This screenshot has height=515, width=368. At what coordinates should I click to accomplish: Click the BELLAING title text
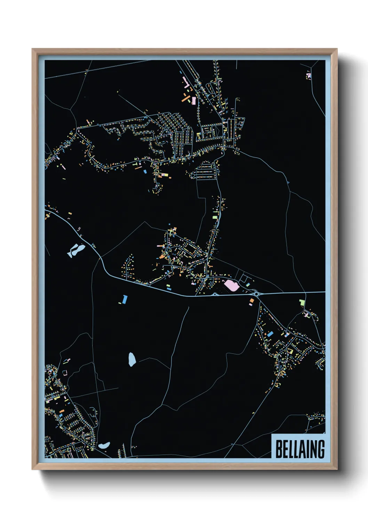[x=300, y=449]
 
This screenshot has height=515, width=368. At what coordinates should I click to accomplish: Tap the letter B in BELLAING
[x=279, y=449]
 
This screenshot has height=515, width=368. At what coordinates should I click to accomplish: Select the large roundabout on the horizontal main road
[x=257, y=294]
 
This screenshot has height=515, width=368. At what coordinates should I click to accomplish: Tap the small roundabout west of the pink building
[x=215, y=294]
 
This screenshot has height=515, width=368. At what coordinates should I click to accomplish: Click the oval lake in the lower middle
[x=132, y=359]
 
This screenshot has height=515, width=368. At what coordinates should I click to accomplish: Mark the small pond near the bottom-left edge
[x=104, y=445]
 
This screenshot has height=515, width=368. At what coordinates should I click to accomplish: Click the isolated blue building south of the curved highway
[x=125, y=299]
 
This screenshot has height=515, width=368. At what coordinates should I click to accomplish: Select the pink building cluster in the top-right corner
[x=308, y=75]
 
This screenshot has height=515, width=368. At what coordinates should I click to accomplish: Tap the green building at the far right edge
[x=302, y=302]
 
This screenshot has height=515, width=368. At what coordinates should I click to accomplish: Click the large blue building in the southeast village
[x=270, y=334]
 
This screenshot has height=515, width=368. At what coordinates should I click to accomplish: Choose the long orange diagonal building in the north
[x=185, y=97]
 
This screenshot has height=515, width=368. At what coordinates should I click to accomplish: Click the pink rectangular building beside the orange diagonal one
[x=194, y=101]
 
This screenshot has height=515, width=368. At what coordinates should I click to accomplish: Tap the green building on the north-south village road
[x=215, y=217]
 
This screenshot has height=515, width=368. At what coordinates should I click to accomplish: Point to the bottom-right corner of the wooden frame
[x=337, y=469]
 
